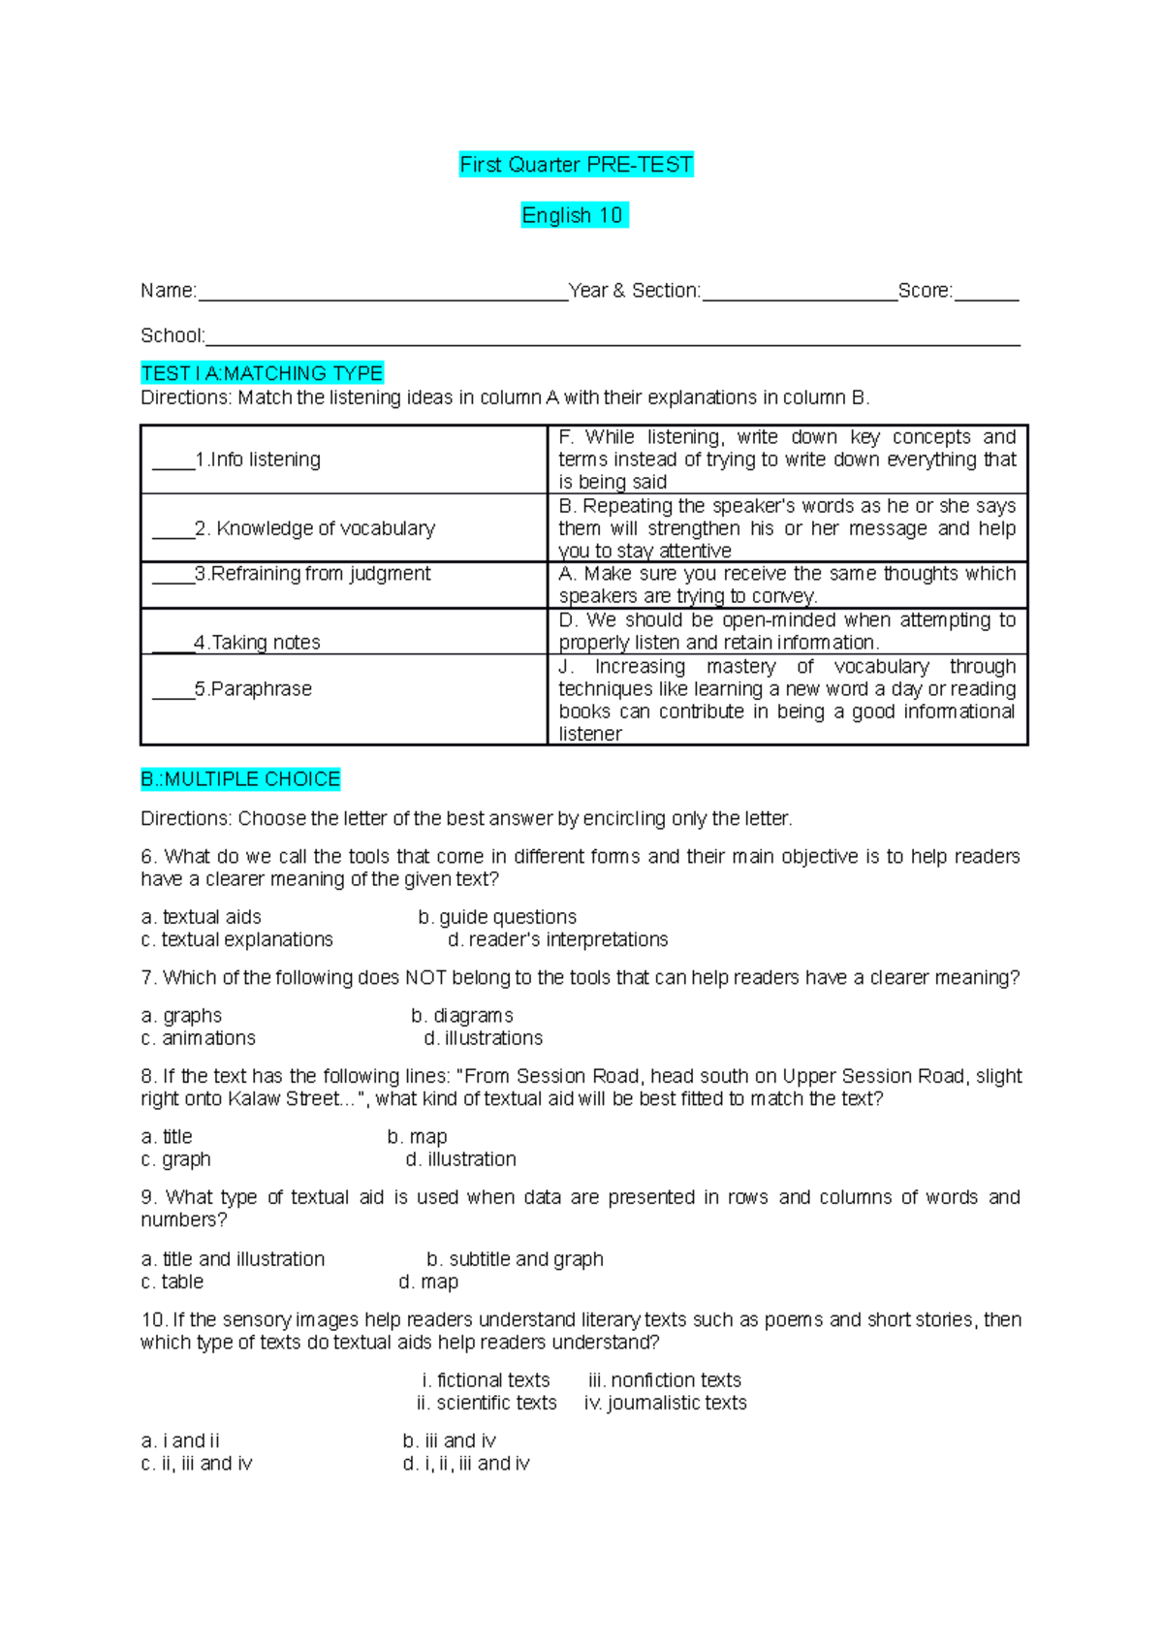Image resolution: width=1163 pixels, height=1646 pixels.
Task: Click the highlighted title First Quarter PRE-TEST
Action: [576, 165]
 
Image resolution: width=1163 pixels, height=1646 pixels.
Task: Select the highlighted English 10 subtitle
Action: [574, 215]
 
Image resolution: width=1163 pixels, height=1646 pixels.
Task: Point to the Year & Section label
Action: [634, 291]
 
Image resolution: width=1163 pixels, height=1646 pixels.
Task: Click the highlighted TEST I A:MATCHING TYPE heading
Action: [262, 373]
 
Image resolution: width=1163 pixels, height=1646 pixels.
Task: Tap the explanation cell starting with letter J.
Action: [787, 700]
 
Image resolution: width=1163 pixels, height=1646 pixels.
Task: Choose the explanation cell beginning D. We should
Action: [787, 631]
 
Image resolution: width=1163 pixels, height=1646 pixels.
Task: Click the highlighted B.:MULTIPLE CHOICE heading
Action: [240, 779]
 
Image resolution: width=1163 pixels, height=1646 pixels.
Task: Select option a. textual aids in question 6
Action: [202, 917]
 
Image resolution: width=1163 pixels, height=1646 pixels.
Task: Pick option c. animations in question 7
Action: [199, 1038]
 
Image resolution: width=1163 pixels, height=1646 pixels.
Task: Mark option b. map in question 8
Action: [418, 1137]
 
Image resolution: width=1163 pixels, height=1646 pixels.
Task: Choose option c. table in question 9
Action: [173, 1282]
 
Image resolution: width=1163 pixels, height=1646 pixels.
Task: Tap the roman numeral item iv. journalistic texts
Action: [666, 1404]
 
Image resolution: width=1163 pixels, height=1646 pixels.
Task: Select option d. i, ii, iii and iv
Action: [466, 1464]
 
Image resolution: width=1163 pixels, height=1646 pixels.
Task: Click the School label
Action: [172, 336]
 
